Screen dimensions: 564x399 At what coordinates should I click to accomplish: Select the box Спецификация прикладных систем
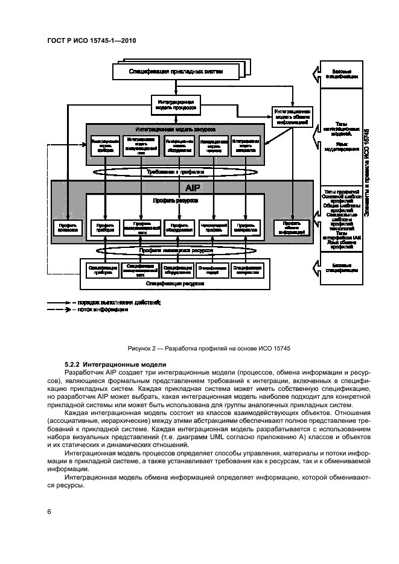coord(176,72)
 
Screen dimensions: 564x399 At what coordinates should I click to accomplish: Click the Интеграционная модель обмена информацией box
coord(292,116)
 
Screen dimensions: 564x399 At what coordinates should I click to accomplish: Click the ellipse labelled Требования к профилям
coord(176,172)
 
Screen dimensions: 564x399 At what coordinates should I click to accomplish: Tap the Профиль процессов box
coord(68,227)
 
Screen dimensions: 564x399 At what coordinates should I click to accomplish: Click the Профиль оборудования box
coord(178,227)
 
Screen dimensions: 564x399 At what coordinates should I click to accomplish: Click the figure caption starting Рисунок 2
coord(199,348)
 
